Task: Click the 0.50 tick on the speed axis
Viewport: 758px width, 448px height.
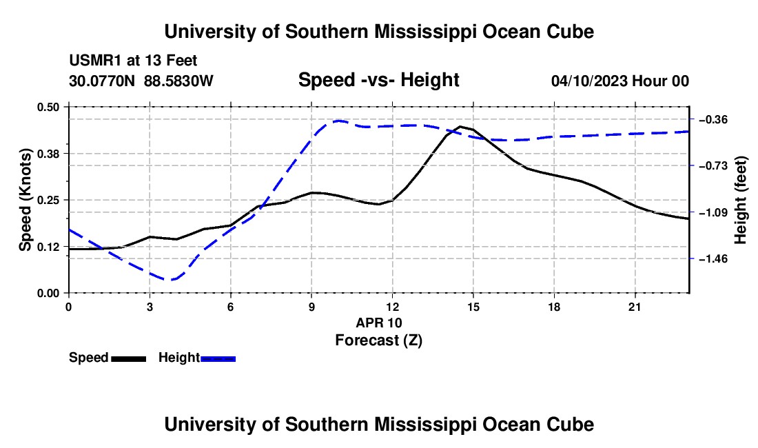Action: pos(48,108)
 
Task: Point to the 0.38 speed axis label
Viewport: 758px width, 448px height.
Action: pos(48,154)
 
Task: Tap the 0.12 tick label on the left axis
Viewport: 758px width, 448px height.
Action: pos(48,247)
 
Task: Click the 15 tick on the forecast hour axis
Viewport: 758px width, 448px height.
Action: pos(473,307)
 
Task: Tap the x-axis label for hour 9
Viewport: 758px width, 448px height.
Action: pos(311,307)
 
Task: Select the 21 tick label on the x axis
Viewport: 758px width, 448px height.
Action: pos(635,307)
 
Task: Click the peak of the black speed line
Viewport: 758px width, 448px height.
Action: pos(460,127)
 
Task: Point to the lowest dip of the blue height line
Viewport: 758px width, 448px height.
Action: pos(170,279)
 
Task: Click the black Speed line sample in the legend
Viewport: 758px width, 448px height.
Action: pos(129,359)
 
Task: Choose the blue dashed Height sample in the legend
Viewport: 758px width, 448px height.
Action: pos(218,359)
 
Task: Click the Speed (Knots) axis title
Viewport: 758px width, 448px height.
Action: pos(25,200)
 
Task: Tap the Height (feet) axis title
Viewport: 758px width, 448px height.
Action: pos(741,200)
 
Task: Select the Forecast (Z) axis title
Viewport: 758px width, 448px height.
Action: pos(378,340)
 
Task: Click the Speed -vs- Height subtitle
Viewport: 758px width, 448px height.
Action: pos(378,80)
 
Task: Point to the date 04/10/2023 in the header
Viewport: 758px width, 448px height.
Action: pos(589,81)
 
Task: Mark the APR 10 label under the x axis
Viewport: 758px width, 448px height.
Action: pos(379,323)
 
